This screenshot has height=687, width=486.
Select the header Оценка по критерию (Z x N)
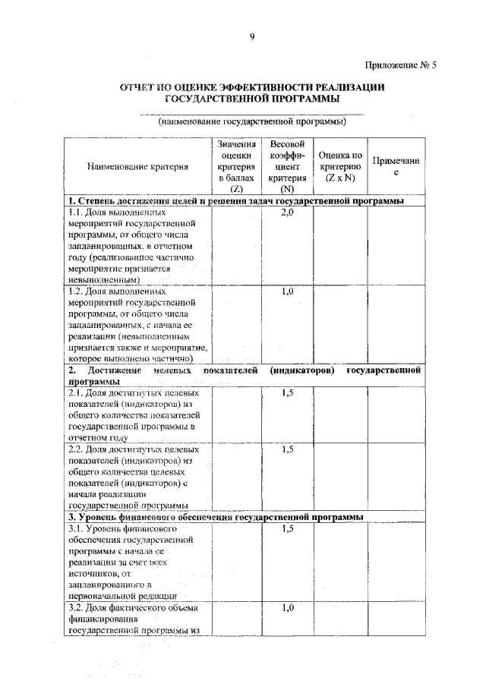pos(340,166)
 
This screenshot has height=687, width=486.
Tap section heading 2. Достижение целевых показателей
pos(243,376)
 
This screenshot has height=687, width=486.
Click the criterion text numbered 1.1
pos(132,246)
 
